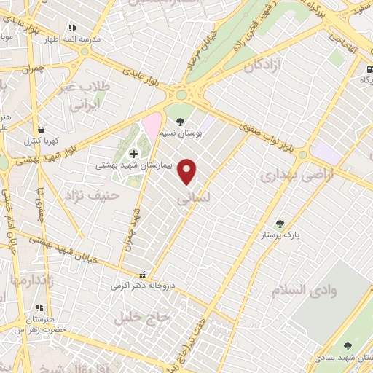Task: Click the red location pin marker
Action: coord(188,171)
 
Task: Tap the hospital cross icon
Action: coord(133,154)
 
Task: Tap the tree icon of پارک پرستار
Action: coord(280,224)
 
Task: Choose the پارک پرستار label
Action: coord(281,236)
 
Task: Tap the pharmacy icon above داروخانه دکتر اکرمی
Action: coord(142,275)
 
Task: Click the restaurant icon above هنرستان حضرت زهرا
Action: coord(39,308)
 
